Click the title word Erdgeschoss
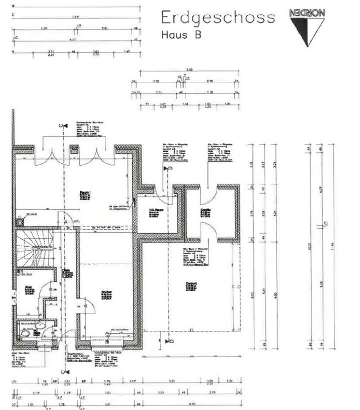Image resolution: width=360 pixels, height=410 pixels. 217,17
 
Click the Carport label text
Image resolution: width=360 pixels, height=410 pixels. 190,284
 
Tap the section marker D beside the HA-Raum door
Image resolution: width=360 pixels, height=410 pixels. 169,170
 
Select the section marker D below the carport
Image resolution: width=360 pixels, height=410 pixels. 169,341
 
